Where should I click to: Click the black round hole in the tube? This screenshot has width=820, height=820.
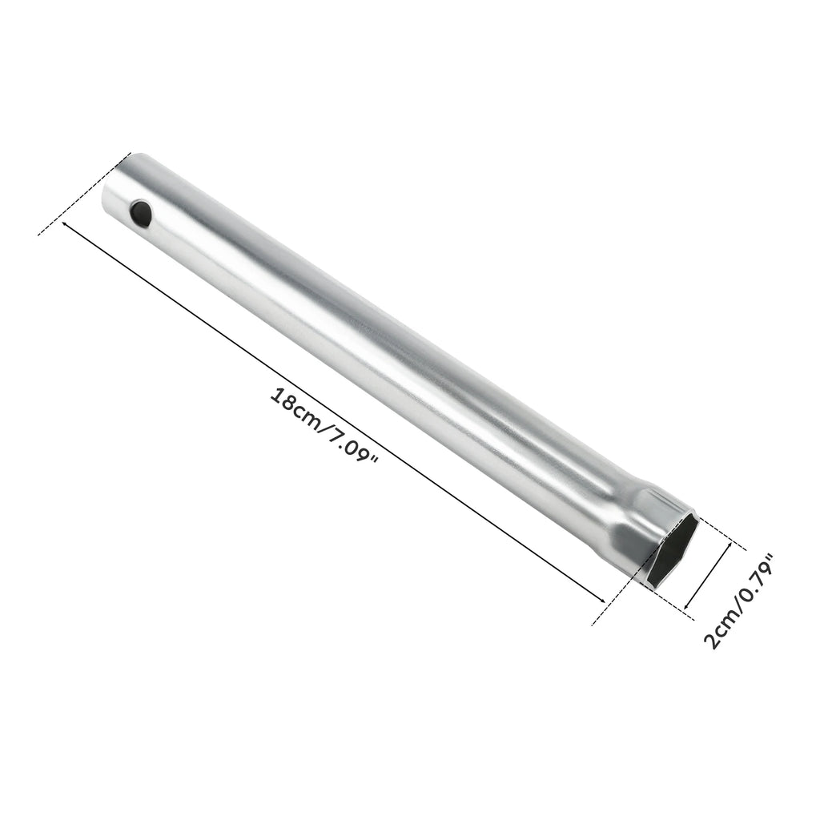pos(141,211)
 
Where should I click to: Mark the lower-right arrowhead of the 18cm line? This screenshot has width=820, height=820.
pos(601,599)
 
